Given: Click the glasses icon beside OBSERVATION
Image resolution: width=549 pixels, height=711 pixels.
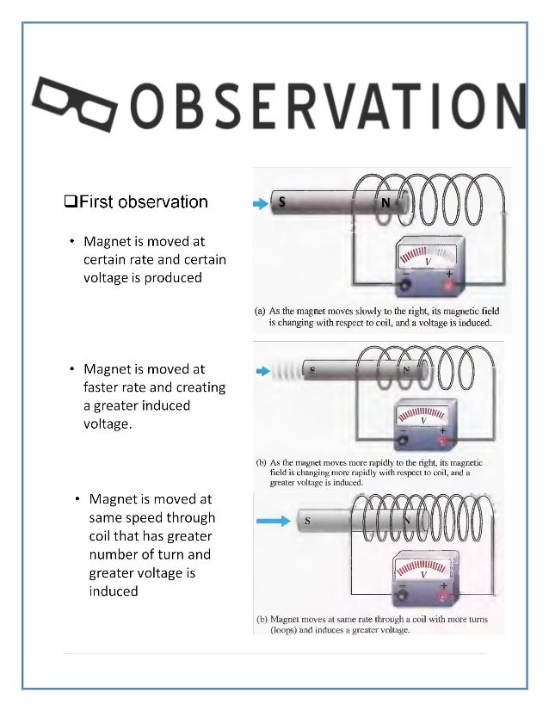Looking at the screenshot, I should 76,104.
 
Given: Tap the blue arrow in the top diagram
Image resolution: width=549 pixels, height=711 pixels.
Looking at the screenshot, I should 260,204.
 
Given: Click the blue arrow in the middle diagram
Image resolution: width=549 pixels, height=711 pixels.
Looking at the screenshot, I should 262,371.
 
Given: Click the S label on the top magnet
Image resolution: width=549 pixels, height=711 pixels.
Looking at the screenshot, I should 281,203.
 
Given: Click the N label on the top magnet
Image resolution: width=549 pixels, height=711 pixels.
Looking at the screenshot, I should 386,205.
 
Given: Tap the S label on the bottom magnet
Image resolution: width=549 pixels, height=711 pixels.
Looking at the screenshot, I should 307,521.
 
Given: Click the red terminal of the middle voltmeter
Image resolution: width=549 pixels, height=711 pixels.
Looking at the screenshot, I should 443,442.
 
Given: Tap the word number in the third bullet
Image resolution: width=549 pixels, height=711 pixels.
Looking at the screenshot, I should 114,554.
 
